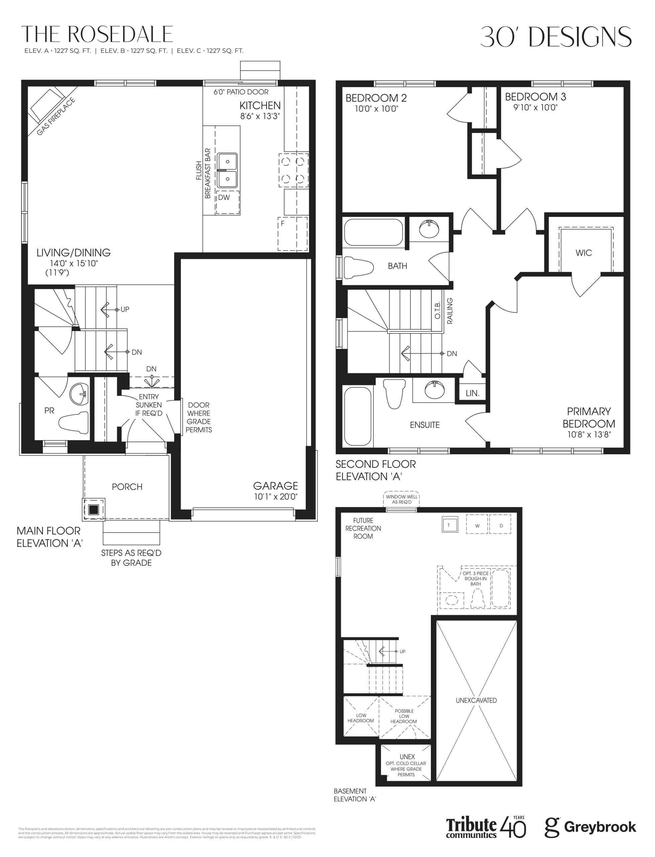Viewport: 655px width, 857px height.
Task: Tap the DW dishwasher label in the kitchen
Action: point(224,198)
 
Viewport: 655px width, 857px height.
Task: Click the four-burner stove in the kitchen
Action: point(293,170)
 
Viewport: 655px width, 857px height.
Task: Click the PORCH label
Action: point(127,487)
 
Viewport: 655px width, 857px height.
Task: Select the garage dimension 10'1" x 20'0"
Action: point(275,496)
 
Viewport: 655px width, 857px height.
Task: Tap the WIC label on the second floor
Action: point(584,253)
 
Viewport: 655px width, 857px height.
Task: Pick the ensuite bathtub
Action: point(358,416)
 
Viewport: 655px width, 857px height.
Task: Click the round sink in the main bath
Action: point(429,228)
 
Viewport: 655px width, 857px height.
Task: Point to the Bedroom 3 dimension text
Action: point(535,108)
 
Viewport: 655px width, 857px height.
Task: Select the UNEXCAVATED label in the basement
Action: point(476,700)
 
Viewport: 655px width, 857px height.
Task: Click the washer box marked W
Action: point(477,526)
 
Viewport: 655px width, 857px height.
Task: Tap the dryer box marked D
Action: point(501,526)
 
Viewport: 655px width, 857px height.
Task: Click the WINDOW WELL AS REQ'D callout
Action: point(401,499)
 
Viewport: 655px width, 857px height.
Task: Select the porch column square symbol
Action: point(94,510)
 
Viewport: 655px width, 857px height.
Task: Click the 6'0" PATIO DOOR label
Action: point(241,92)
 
